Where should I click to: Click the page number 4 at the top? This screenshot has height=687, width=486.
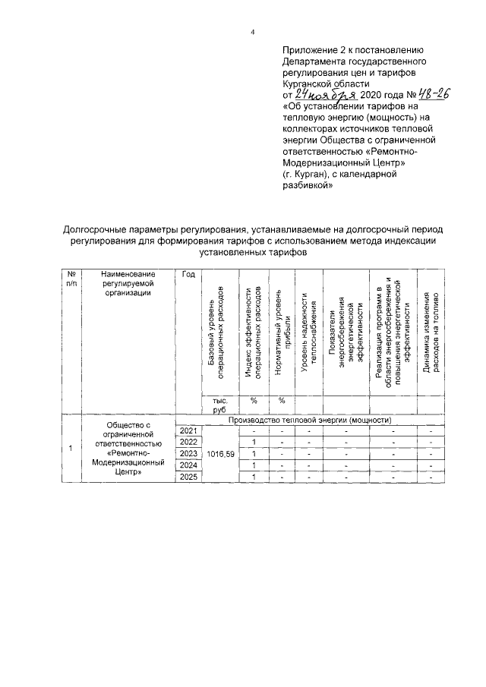[253, 31]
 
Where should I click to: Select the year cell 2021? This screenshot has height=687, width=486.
[188, 431]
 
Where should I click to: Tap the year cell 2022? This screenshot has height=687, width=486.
[188, 443]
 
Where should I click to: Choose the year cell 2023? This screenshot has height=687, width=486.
[188, 454]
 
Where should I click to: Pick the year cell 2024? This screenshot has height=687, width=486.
[188, 465]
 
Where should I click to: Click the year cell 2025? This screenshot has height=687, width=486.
[188, 477]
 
